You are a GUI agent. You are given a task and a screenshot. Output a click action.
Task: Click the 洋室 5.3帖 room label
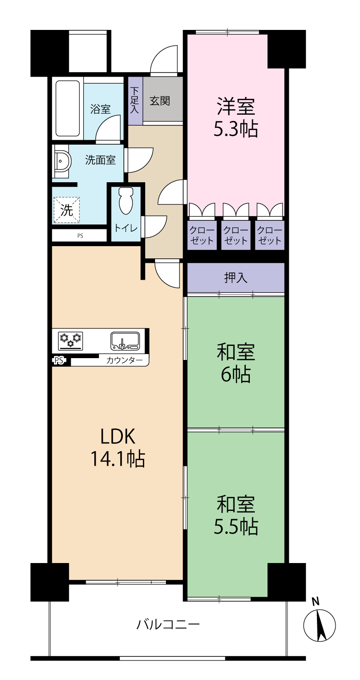coord(236,117)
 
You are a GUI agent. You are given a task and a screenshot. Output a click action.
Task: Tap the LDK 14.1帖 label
coord(118,447)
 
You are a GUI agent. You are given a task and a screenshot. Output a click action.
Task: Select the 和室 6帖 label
coord(236,363)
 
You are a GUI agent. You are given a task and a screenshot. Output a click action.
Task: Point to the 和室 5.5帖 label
coord(236,515)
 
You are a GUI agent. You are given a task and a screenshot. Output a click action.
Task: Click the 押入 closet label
coord(236,277)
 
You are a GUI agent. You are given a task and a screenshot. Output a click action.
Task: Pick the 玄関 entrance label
coord(160,101)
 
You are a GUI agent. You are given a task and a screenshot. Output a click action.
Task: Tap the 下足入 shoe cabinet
coord(135,101)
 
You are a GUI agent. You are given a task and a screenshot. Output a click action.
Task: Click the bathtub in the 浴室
coord(68,108)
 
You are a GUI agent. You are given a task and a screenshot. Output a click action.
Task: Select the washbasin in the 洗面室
coord(63,161)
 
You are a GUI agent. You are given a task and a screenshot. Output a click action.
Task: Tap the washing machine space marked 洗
coord(67,210)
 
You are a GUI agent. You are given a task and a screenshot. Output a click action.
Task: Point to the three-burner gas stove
coord(71,340)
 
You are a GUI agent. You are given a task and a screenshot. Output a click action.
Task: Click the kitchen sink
coord(125,340)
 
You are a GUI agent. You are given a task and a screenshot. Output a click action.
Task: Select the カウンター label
coord(124,360)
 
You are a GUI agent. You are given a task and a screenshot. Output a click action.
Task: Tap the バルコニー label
coord(168,625)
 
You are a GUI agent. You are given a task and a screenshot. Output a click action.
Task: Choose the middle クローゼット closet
coord(236,235)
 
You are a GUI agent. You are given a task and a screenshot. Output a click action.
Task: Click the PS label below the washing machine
coord(80,236)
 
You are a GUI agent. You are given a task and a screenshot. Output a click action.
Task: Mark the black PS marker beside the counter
coord(59,360)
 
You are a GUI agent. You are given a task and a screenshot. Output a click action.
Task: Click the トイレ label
coord(126,228)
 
